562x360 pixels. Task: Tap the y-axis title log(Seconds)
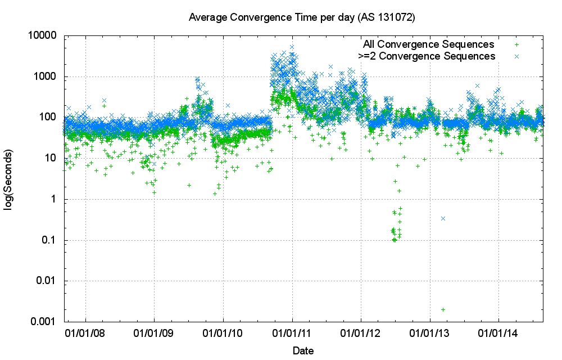pyautogui.click(x=9, y=180)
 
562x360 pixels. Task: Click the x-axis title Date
pyautogui.click(x=303, y=351)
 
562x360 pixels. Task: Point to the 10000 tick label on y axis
pyautogui.click(x=43, y=35)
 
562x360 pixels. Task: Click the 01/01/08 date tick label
pyautogui.click(x=85, y=333)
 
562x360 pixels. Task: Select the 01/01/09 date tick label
pyautogui.click(x=155, y=333)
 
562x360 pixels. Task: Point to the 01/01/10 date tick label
pyautogui.click(x=223, y=333)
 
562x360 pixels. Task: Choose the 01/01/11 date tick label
pyautogui.click(x=292, y=333)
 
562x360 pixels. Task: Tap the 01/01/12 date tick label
pyautogui.click(x=361, y=333)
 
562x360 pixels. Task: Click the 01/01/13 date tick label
pyautogui.click(x=430, y=333)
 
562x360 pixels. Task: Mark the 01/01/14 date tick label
pyautogui.click(x=499, y=333)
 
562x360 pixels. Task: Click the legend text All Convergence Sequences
pyautogui.click(x=429, y=44)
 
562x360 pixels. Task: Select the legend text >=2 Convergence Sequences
pyautogui.click(x=427, y=56)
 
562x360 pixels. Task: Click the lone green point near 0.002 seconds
pyautogui.click(x=443, y=309)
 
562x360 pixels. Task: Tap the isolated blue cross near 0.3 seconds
pyautogui.click(x=443, y=218)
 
